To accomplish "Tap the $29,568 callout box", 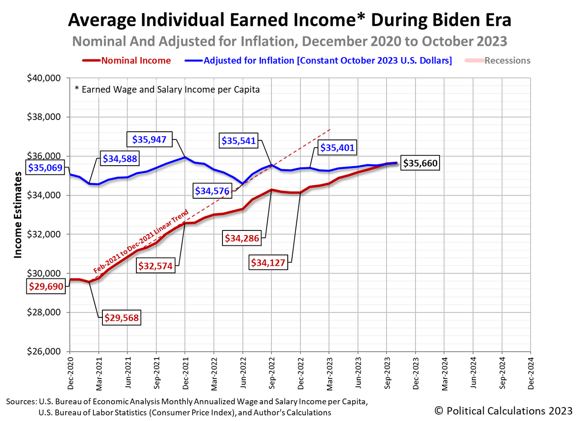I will click(x=122, y=318).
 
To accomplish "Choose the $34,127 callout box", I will click(x=269, y=262).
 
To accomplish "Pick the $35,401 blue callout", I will click(x=338, y=147).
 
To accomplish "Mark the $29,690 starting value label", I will click(x=47, y=286).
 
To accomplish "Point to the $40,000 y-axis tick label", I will click(x=45, y=78).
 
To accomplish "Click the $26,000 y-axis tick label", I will click(x=45, y=352).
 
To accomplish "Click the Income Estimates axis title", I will click(x=18, y=215).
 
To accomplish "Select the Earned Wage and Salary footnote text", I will click(x=167, y=90).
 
